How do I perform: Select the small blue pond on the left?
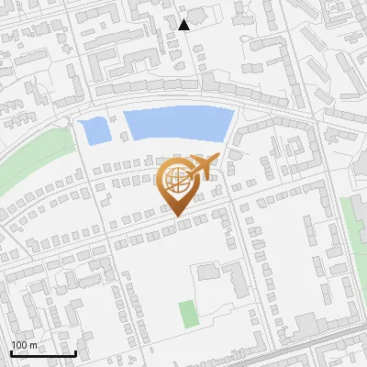tap(94, 131)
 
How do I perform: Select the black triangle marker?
tap(183, 25)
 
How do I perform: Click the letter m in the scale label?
tap(33, 345)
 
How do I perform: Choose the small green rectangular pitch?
tap(188, 314)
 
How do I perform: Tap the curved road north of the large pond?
tap(174, 99)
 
